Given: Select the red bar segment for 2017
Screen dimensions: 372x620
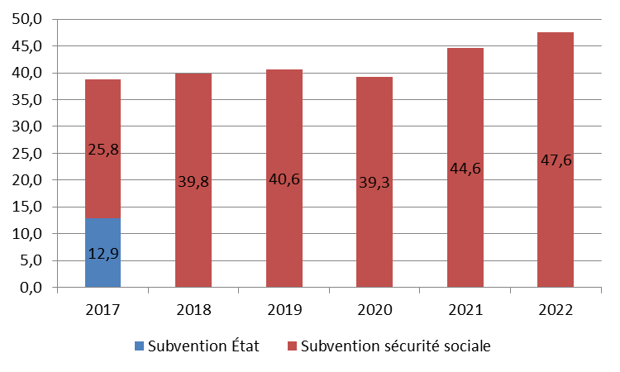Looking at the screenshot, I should click(x=103, y=124).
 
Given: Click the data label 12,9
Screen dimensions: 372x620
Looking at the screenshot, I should click(x=103, y=254).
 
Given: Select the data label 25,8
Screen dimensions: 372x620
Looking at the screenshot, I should click(x=103, y=150).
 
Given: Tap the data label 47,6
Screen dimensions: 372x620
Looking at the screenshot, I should click(x=556, y=160).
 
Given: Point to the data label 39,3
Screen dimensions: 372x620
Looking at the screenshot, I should click(x=374, y=182).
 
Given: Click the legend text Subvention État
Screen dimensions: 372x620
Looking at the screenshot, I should click(x=203, y=346).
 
